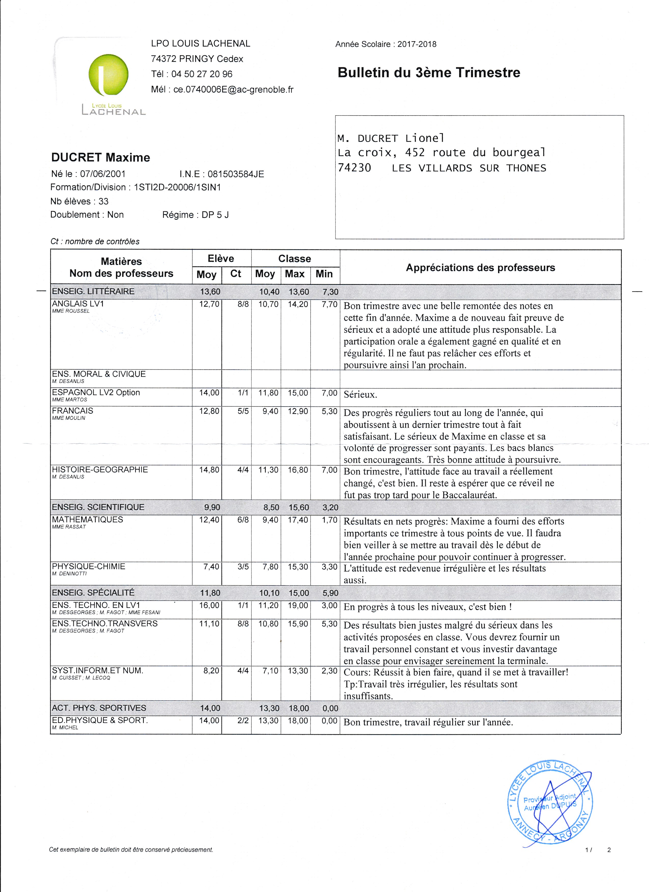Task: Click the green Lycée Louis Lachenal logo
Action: point(108,76)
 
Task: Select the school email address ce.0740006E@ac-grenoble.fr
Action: point(233,90)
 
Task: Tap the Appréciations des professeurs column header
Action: point(480,268)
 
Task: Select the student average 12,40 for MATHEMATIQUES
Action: point(209,520)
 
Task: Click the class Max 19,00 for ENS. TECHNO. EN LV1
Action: point(298,605)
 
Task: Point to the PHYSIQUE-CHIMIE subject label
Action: point(89,566)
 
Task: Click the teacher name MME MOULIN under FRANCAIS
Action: point(68,418)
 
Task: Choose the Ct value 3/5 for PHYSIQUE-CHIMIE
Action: point(243,567)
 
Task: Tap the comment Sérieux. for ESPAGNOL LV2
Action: point(360,395)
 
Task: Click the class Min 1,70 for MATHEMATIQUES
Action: point(329,520)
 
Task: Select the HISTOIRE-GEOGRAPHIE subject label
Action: point(100,470)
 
